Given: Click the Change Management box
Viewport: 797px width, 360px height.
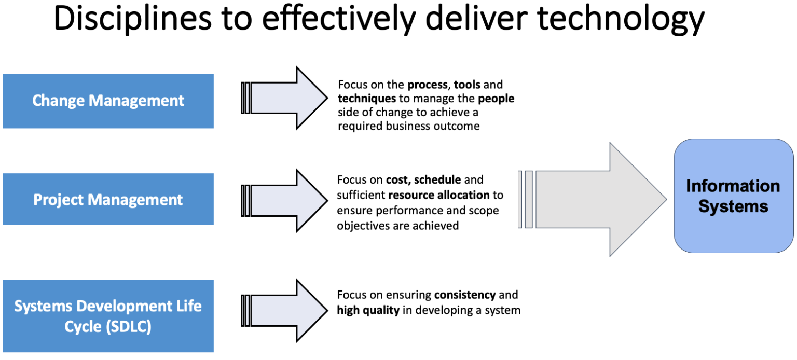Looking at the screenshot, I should (108, 101).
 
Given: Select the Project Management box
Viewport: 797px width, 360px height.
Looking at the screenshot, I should (108, 199).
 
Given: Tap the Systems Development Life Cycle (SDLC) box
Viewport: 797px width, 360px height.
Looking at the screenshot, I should (108, 316).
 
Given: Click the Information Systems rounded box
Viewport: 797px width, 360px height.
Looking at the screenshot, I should (733, 196).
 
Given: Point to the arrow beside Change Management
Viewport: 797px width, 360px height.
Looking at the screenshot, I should (285, 98).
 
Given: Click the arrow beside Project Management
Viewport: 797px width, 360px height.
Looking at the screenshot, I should (285, 200).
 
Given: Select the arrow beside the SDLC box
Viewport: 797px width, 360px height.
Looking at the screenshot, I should (285, 310).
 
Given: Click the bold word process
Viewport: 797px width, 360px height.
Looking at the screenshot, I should (427, 85).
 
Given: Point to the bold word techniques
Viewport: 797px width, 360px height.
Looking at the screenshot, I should (367, 99).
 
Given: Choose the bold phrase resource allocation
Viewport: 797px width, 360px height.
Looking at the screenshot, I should (438, 196).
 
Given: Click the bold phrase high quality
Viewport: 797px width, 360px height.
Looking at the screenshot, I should (368, 310).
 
